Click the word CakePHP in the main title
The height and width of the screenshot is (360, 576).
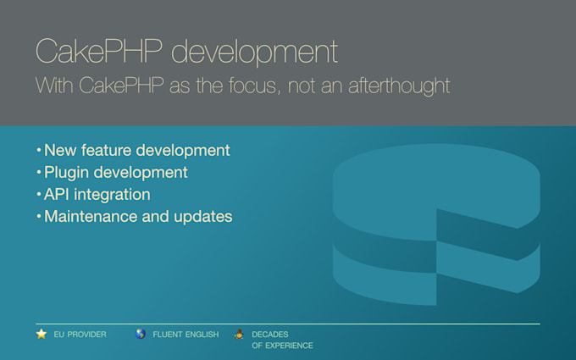[x=99, y=51]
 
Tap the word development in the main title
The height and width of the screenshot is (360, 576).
[x=255, y=53]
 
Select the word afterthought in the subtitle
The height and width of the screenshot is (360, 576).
[x=399, y=86]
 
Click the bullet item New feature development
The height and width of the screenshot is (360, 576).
[x=137, y=150]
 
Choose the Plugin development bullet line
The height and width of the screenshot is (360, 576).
[x=116, y=172]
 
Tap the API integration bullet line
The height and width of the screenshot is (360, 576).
[x=97, y=194]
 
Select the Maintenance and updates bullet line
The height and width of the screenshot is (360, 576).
[x=138, y=216]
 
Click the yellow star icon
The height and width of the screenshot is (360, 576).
[x=42, y=334]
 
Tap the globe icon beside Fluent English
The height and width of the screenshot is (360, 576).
[x=141, y=334]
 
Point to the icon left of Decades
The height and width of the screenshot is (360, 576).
[x=239, y=334]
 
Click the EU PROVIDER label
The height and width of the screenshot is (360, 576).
[x=80, y=335]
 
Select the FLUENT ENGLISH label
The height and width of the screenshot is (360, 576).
[x=186, y=335]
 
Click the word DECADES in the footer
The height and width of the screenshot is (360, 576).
[x=270, y=335]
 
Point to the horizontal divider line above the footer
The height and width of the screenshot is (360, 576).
[x=288, y=324]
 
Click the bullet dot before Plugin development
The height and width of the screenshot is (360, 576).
[x=39, y=172]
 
